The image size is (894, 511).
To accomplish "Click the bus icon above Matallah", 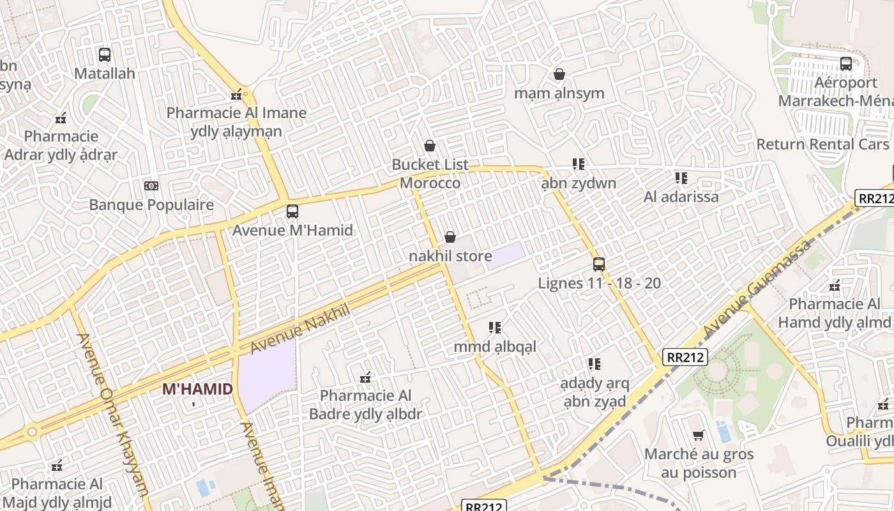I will (105, 55).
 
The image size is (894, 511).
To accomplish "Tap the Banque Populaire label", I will (151, 205).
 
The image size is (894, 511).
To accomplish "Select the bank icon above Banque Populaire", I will (151, 186).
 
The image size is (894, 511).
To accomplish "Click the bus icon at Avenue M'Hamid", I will (292, 211).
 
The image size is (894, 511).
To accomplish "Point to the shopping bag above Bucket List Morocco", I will (430, 146).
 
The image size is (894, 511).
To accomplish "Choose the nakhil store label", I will (450, 256).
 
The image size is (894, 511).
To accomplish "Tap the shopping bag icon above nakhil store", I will (450, 238).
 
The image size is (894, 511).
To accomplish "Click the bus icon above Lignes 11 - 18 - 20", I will (599, 264).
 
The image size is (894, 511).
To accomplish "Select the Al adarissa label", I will (681, 197).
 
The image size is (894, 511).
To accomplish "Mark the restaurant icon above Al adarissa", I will (681, 178).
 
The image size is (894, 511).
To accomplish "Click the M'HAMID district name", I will (197, 388).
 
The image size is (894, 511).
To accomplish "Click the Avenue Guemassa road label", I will (757, 288).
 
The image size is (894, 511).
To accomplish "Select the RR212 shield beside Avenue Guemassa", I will (685, 357).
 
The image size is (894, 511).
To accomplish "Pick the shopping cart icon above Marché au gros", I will (699, 436).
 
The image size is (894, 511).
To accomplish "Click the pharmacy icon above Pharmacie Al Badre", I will (365, 378).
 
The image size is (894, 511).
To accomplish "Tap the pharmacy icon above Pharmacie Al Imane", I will (237, 95).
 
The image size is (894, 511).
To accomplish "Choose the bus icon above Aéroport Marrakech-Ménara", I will (846, 64).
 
